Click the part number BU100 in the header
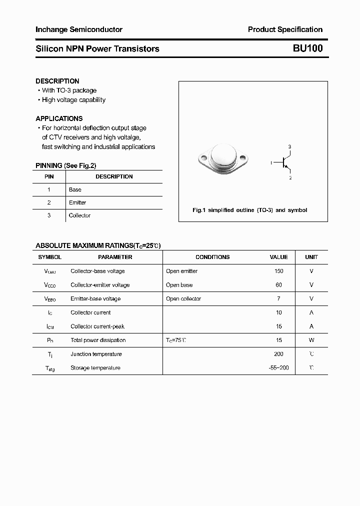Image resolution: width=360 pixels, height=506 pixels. tap(307, 48)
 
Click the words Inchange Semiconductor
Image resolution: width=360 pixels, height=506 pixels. tap(79, 29)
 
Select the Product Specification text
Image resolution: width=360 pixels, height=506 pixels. tap(285, 29)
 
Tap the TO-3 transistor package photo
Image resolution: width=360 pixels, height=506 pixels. tap(222, 157)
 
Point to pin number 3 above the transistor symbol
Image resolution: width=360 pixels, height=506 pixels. tap(289, 146)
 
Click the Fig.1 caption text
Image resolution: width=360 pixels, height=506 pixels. tap(249, 210)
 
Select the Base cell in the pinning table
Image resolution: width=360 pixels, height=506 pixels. tap(75, 189)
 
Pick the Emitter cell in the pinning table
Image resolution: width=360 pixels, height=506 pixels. tap(77, 202)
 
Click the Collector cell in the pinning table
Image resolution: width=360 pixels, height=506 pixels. tap(79, 215)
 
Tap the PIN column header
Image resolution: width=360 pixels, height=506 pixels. tap(49, 176)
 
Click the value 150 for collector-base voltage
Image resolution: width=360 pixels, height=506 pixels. tap(278, 271)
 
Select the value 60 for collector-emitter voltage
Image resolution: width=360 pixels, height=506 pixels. tap(278, 285)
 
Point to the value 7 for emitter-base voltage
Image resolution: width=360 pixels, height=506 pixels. tap(278, 298)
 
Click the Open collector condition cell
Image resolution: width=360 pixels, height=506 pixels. tap(183, 298)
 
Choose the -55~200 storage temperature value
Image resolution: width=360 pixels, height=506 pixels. tap(278, 367)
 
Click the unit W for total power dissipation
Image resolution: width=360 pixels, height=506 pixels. tap(311, 340)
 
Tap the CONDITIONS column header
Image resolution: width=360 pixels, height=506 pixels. tap(212, 257)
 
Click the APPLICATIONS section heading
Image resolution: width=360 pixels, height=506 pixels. tap(59, 118)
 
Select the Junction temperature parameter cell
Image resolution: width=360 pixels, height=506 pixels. tap(96, 354)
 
